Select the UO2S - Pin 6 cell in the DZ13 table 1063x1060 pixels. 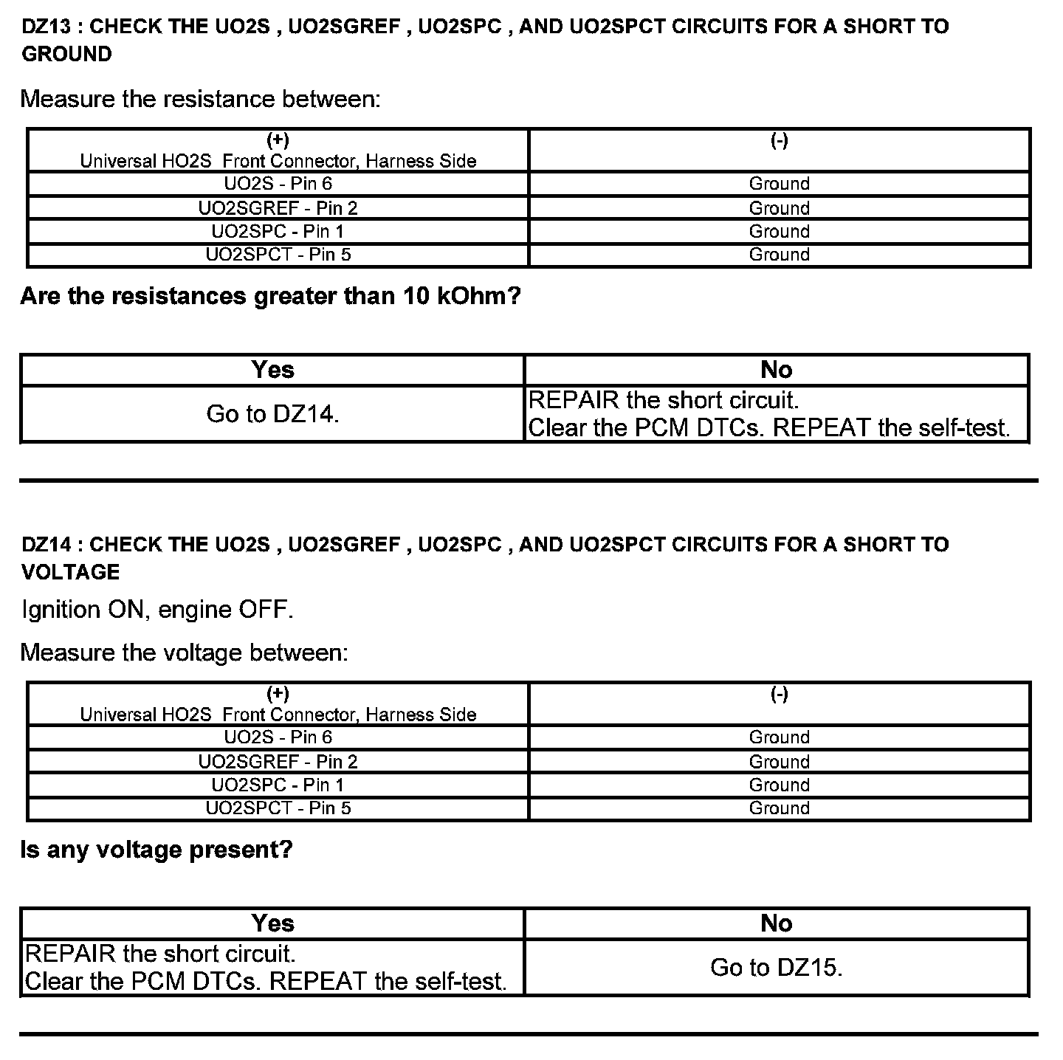pos(278,184)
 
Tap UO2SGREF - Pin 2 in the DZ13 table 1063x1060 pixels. pos(278,208)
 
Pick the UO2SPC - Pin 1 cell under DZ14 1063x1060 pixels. pos(278,785)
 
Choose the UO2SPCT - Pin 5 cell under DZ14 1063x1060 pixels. pos(278,808)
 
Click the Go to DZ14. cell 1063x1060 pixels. pos(272,414)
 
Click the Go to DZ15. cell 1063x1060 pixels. pos(777,967)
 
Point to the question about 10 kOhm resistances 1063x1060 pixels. pos(270,297)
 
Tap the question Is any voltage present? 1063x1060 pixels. pos(156,850)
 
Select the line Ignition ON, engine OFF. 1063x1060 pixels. pos(157,610)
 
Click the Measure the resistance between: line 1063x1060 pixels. pos(200,99)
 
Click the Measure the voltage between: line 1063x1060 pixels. pos(184,653)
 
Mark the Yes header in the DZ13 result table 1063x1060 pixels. pos(272,370)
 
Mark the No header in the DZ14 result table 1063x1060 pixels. pos(777,923)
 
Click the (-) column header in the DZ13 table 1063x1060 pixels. pos(780,140)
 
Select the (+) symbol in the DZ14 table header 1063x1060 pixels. pos(278,693)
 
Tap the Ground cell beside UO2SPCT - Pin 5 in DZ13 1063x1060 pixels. pos(780,255)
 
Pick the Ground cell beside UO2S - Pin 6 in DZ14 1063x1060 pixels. pos(780,737)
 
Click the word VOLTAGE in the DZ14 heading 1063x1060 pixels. pos(71,572)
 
